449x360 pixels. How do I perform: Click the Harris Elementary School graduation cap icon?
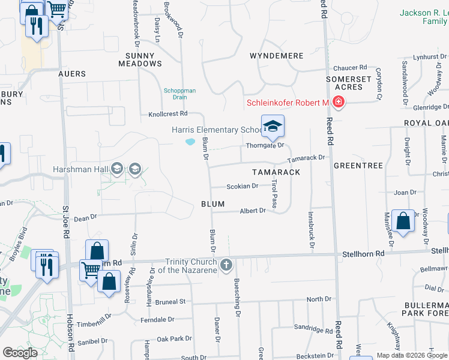(x=272, y=126)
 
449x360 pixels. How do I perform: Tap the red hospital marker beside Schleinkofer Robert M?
(x=339, y=103)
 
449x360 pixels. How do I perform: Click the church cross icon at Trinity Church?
(x=226, y=265)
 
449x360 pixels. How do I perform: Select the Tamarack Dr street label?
(x=306, y=158)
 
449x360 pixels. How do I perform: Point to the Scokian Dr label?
(x=243, y=186)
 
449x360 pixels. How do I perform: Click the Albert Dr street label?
(x=253, y=211)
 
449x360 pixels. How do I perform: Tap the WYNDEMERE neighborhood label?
(x=276, y=56)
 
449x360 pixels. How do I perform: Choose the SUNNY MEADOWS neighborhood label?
(x=140, y=59)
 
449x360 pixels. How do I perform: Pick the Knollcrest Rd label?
(x=168, y=113)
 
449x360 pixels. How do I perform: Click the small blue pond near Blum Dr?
(x=190, y=142)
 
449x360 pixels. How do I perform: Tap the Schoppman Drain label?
(x=180, y=94)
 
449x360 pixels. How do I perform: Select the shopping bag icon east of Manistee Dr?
(x=403, y=220)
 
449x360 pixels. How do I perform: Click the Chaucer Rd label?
(x=349, y=68)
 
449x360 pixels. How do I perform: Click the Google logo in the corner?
(x=20, y=352)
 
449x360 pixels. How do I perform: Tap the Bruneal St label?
(x=169, y=302)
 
